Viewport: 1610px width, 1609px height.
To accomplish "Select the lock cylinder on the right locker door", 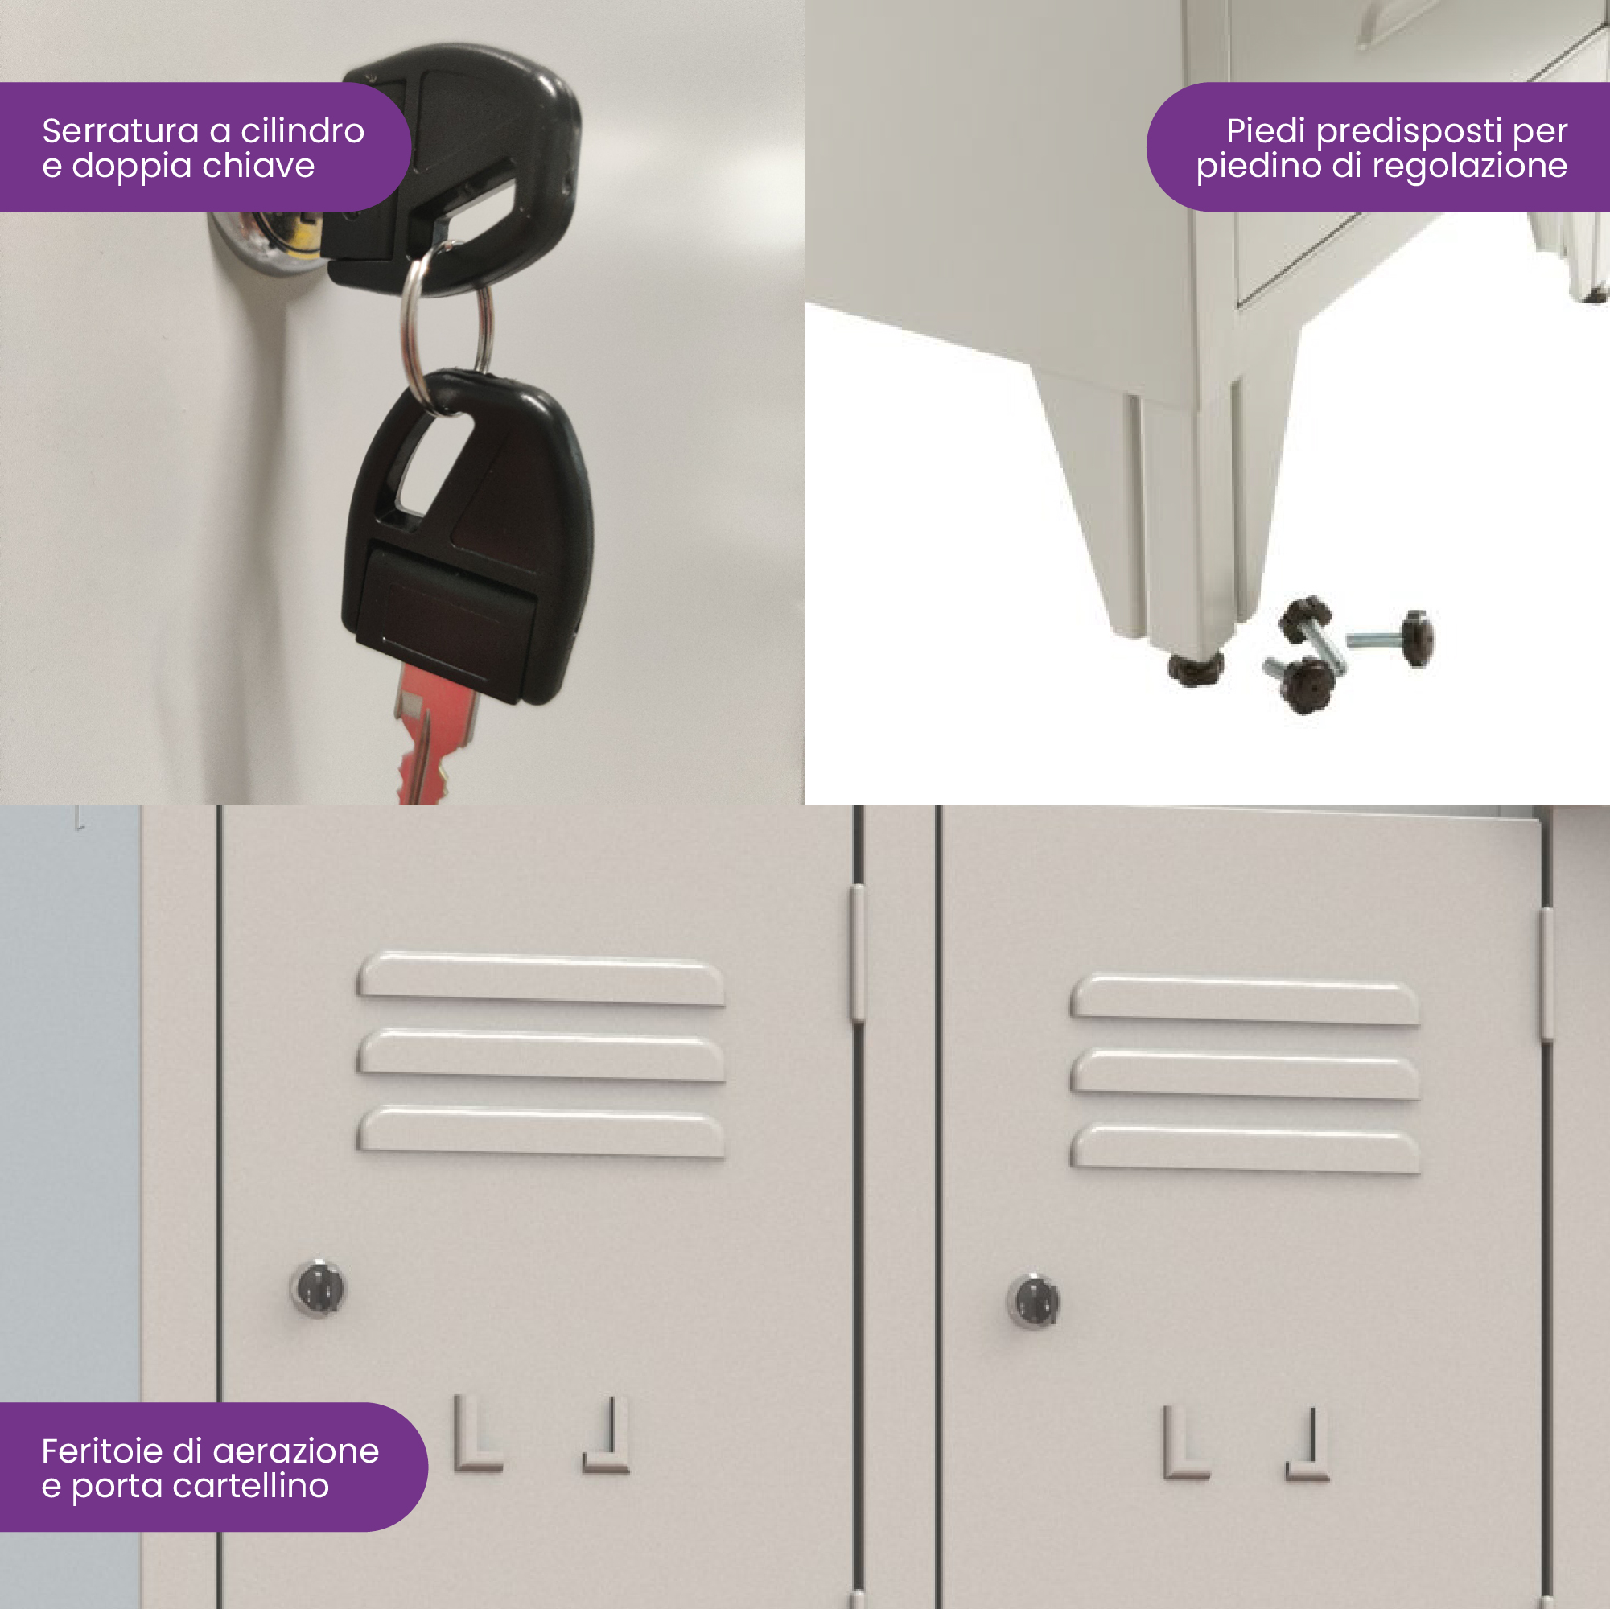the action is pos(1033,1300).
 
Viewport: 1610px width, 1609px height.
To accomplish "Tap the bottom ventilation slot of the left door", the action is pos(541,1130).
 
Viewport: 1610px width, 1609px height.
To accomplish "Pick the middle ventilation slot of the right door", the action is pos(1245,1073).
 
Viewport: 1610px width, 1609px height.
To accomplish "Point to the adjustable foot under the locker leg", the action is pos(1195,667).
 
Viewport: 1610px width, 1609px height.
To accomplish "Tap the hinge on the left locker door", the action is pos(857,954).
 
